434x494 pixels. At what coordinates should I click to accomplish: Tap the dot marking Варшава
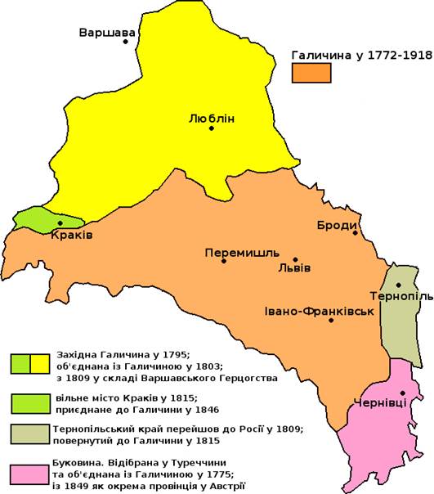point(126,42)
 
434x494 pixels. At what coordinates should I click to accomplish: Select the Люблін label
point(211,118)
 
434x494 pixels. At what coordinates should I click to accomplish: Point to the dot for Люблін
point(212,128)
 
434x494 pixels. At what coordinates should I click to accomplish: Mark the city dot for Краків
point(60,222)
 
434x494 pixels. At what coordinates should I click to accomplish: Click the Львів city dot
point(295,258)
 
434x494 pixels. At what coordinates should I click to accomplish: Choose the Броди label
point(336,226)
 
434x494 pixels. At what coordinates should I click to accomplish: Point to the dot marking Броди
point(356,233)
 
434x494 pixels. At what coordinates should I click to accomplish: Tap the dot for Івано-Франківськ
point(331,321)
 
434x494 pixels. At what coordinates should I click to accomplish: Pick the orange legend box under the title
point(313,73)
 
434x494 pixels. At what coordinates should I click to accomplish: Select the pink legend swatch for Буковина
point(32,475)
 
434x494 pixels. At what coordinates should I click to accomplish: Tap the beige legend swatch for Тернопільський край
point(32,433)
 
